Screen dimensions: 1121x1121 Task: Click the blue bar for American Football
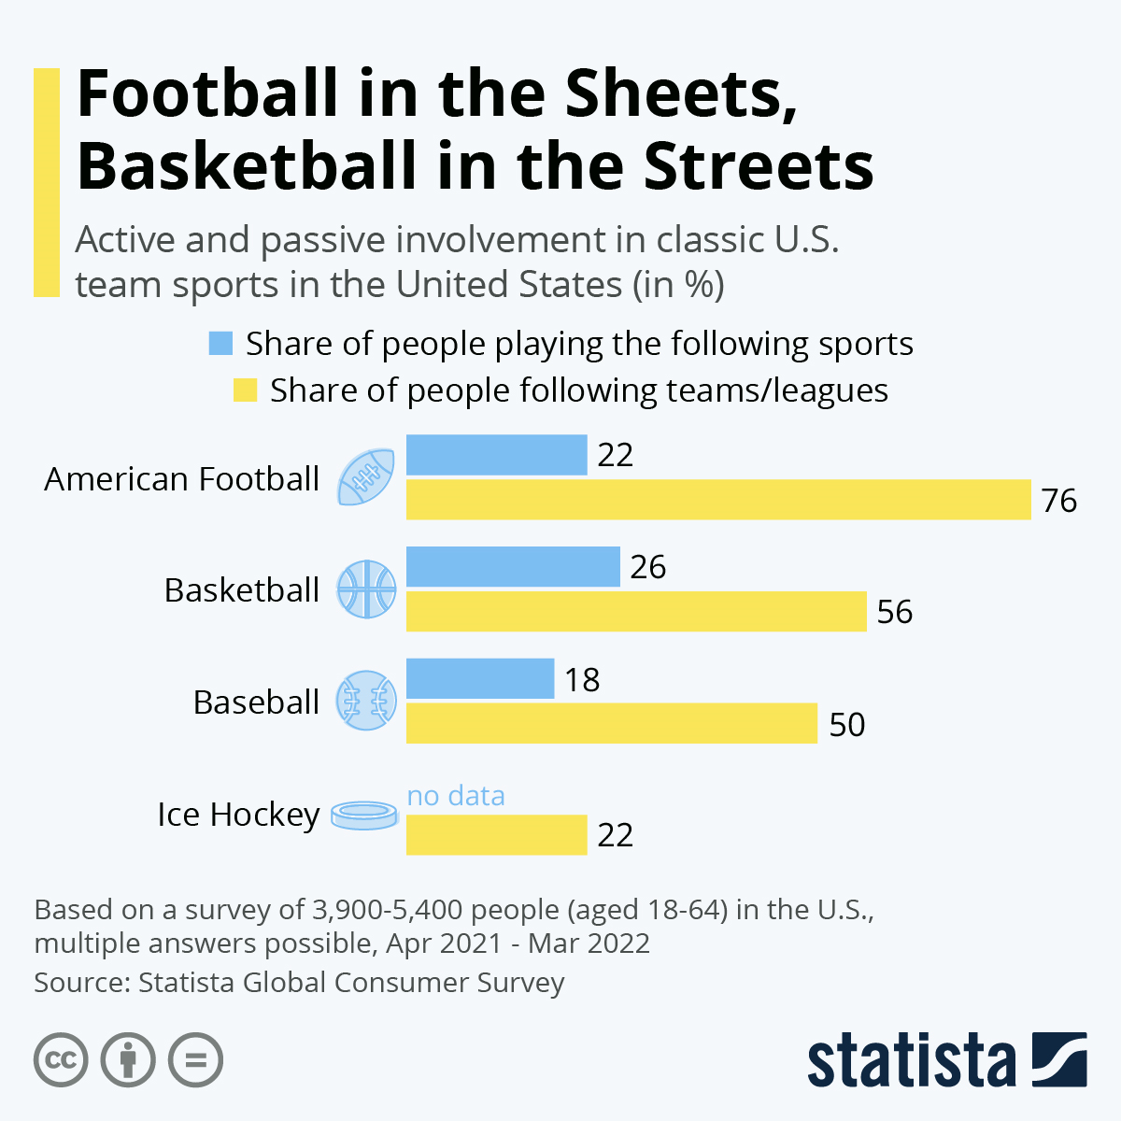pyautogui.click(x=496, y=455)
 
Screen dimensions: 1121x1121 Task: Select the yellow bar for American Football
pyautogui.click(x=717, y=500)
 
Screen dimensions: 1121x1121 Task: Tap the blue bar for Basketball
pyautogui.click(x=513, y=567)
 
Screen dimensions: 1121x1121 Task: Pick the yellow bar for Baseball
pyautogui.click(x=611, y=724)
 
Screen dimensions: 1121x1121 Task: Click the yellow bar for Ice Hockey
pyautogui.click(x=496, y=834)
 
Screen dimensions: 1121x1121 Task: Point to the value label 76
pyautogui.click(x=1059, y=501)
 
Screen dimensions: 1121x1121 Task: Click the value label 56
pyautogui.click(x=894, y=612)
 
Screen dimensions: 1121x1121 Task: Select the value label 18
pyautogui.click(x=582, y=680)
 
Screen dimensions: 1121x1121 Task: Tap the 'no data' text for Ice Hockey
pyautogui.click(x=456, y=795)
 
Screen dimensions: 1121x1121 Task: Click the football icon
pyautogui.click(x=366, y=477)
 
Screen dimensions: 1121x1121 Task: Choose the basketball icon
pyautogui.click(x=366, y=589)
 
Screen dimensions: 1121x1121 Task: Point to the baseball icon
pyautogui.click(x=366, y=701)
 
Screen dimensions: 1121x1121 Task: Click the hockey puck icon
pyautogui.click(x=366, y=815)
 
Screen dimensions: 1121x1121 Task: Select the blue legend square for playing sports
pyautogui.click(x=220, y=344)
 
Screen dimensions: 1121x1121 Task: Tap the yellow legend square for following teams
pyautogui.click(x=245, y=390)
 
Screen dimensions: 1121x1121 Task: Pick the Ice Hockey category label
pyautogui.click(x=238, y=815)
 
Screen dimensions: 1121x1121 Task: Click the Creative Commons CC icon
pyautogui.click(x=61, y=1060)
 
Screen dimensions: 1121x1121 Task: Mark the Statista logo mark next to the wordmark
pyautogui.click(x=1059, y=1059)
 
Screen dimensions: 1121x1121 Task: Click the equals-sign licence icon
pyautogui.click(x=195, y=1060)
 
